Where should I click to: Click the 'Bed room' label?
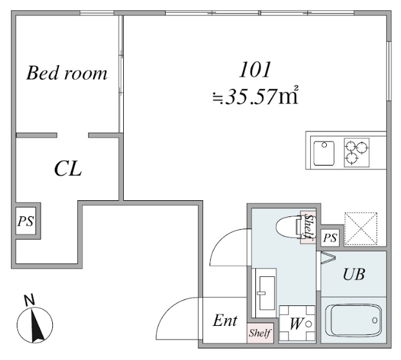pyautogui.click(x=66, y=73)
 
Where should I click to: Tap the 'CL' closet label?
pyautogui.click(x=68, y=169)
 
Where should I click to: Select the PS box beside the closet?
pyautogui.click(x=25, y=222)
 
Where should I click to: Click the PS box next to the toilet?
pyautogui.click(x=330, y=237)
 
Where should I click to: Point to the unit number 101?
pyautogui.click(x=255, y=69)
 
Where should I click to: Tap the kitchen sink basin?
pyautogui.click(x=324, y=153)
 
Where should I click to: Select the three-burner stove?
pyautogui.click(x=356, y=153)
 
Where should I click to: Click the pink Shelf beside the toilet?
pyautogui.click(x=308, y=228)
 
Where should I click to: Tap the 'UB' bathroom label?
pyautogui.click(x=353, y=275)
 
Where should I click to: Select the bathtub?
pyautogui.click(x=355, y=319)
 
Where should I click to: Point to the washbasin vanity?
pyautogui.click(x=264, y=294)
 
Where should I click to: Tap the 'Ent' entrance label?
pyautogui.click(x=225, y=321)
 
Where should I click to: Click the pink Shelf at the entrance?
pyautogui.click(x=260, y=333)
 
